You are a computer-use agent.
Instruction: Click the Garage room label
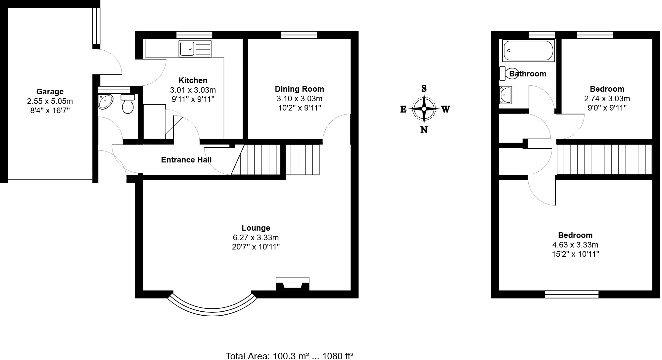[x=50, y=92]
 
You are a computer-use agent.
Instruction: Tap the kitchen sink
[x=195, y=48]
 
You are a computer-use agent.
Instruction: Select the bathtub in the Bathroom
[x=528, y=50]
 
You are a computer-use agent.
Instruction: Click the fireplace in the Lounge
[x=293, y=284]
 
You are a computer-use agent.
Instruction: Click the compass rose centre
[x=424, y=109]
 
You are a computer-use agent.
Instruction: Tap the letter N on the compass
[x=424, y=130]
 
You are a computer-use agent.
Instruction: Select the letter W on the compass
[x=446, y=109]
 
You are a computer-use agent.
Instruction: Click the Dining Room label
[x=299, y=89]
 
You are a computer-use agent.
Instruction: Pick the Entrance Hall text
[x=186, y=160]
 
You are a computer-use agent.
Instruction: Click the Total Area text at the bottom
[x=290, y=356]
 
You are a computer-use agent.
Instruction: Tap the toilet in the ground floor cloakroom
[x=128, y=104]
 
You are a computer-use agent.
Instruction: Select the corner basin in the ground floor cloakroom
[x=105, y=101]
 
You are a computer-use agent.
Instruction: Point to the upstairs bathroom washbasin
[x=506, y=95]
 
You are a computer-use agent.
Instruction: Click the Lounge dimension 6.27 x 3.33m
[x=256, y=238]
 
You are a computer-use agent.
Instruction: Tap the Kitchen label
[x=193, y=80]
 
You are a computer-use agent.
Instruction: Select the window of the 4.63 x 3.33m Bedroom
[x=572, y=294]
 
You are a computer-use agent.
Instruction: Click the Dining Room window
[x=299, y=35]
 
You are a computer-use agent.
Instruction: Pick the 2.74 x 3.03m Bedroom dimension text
[x=607, y=99]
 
